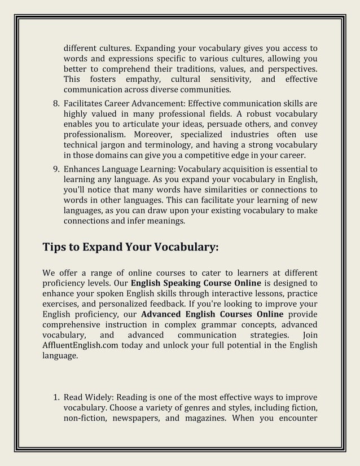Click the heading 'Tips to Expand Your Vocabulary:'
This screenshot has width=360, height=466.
click(x=130, y=248)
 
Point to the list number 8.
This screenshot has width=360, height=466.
click(x=55, y=104)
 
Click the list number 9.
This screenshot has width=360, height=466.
click(x=55, y=168)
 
